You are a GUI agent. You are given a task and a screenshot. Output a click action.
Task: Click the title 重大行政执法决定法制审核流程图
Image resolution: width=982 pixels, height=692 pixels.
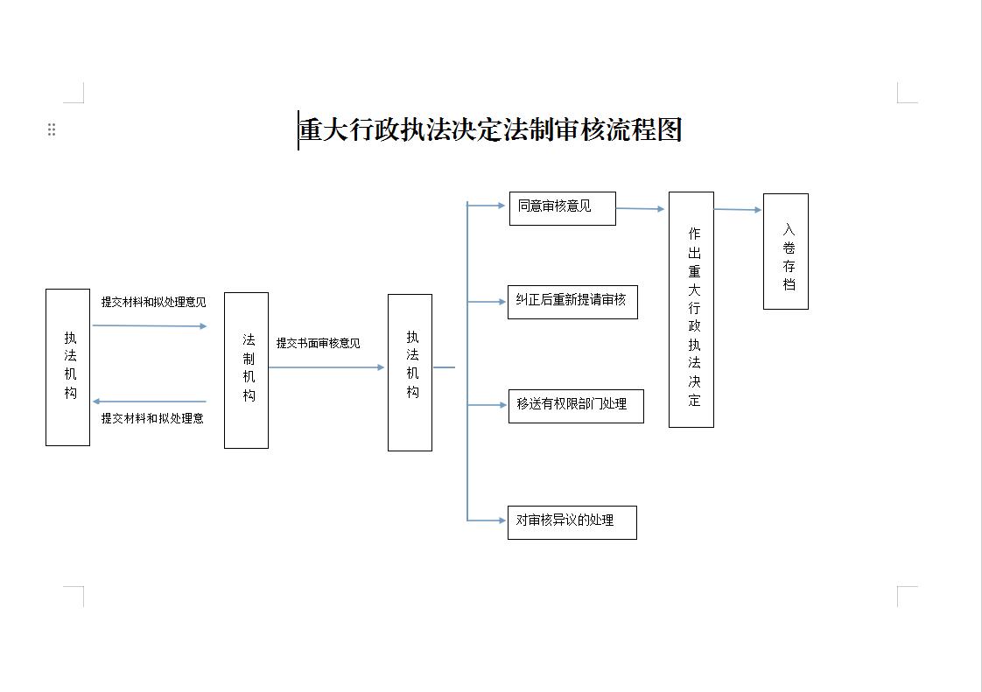tap(490, 130)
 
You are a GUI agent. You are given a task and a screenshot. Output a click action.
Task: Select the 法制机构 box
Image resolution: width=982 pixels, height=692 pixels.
tap(246, 370)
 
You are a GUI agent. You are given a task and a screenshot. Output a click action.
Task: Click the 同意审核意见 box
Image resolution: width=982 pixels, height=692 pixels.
tap(563, 208)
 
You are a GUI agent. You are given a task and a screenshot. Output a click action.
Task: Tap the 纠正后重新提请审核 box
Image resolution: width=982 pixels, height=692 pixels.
tap(572, 302)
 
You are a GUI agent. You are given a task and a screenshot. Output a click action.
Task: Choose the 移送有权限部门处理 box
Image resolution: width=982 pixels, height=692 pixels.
tap(576, 406)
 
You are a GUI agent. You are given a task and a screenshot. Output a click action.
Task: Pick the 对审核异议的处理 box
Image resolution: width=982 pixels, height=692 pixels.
tap(572, 522)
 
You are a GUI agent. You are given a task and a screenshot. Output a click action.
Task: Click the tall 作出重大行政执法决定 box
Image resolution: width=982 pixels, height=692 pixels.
tap(691, 310)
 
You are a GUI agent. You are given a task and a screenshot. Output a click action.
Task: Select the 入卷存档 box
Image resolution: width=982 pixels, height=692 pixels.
tap(786, 251)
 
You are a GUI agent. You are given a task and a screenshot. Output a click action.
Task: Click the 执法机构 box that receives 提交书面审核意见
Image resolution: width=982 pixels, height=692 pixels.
tap(410, 373)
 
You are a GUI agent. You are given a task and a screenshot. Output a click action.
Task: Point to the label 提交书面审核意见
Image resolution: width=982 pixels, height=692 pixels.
tap(319, 343)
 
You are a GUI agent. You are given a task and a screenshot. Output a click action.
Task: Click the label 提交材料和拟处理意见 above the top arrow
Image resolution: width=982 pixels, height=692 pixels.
tap(153, 302)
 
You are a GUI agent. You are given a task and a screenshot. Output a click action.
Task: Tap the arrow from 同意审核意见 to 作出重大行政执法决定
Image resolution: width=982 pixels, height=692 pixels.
tap(640, 208)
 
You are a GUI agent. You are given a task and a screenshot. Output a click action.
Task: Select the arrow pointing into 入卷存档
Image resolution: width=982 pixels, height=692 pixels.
tap(739, 209)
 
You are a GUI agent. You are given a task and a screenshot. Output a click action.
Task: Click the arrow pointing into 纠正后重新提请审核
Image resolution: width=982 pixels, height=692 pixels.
tap(487, 302)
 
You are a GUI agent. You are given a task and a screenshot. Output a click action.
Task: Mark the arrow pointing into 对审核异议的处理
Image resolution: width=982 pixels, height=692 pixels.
tap(487, 521)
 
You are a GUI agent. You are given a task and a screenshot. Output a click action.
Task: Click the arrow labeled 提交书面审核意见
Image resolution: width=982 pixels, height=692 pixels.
tap(326, 367)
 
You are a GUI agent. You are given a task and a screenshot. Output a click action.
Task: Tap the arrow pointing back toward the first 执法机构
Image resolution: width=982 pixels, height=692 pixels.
tap(149, 402)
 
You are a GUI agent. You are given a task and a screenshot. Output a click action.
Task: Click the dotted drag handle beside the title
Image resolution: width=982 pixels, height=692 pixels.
tap(52, 129)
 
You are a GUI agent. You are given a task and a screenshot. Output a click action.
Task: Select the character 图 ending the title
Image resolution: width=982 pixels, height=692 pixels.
tap(670, 130)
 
